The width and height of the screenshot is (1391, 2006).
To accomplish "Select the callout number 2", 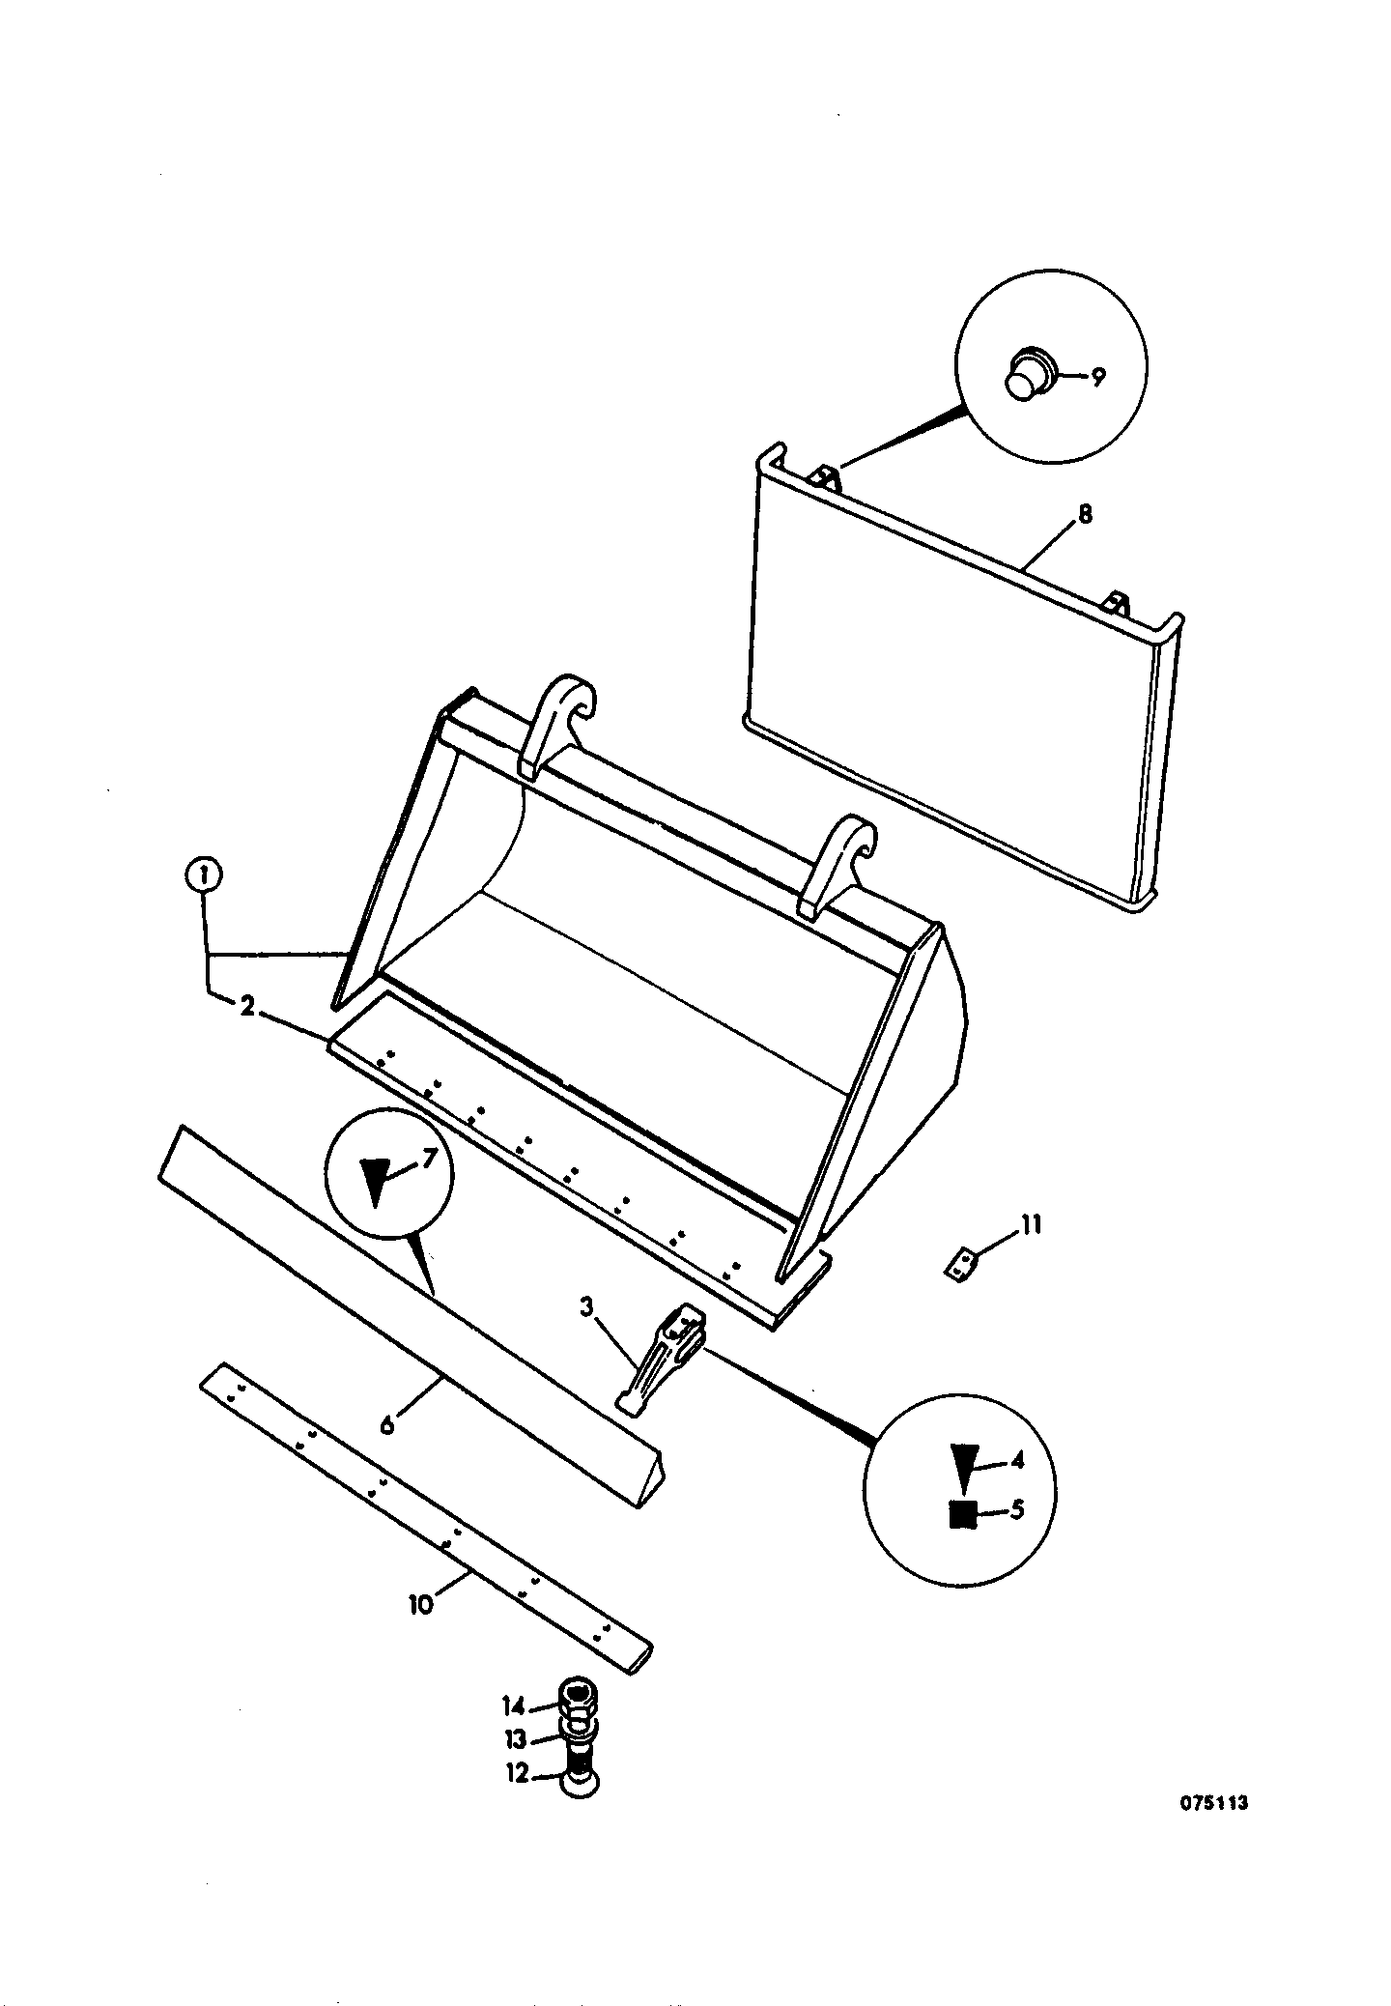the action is [x=247, y=1007].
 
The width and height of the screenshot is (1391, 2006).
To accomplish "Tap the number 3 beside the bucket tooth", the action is [x=586, y=1308].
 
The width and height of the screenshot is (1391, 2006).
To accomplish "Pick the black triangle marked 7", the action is [x=377, y=1181].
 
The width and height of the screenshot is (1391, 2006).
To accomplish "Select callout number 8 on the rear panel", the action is [x=1085, y=514].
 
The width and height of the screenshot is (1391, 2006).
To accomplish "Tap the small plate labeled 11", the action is [x=959, y=1265].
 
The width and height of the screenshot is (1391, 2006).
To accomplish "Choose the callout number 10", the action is [x=420, y=1605].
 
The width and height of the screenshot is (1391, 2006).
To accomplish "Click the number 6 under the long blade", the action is [x=387, y=1424].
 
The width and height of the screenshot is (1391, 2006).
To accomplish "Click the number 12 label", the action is [x=519, y=1774].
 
